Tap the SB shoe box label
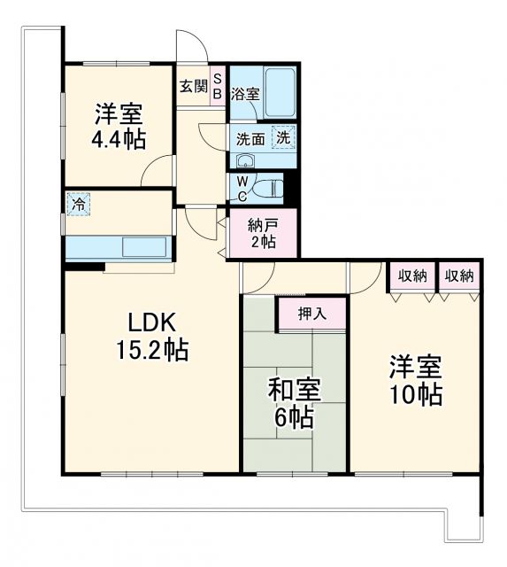219,87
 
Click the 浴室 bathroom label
245,93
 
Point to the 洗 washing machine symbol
283,137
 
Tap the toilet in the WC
269,188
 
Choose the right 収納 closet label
458,276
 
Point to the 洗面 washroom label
250,138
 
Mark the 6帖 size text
295,417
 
